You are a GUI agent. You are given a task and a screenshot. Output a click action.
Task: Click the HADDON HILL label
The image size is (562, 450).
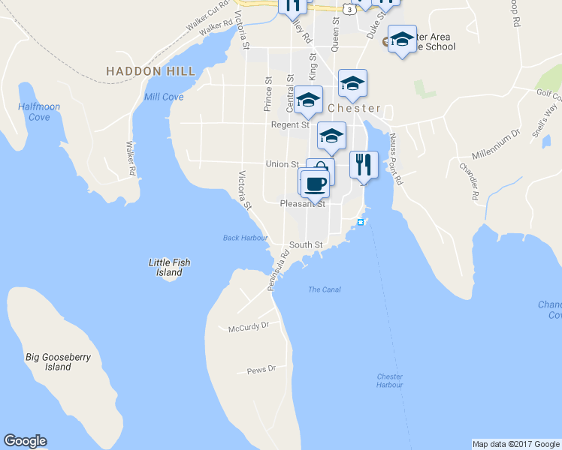click(150, 71)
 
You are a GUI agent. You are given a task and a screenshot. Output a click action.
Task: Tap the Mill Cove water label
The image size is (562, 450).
click(163, 97)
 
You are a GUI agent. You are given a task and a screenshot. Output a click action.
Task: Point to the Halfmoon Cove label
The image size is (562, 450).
click(39, 112)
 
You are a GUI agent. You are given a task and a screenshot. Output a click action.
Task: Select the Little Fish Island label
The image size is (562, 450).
click(169, 267)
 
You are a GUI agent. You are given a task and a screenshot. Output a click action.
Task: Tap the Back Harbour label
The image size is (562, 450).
click(245, 238)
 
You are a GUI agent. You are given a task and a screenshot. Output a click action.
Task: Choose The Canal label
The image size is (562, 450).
click(324, 289)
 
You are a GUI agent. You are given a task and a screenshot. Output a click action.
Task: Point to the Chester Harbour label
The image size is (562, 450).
click(389, 380)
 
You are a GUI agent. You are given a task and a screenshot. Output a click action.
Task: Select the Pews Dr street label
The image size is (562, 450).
click(261, 369)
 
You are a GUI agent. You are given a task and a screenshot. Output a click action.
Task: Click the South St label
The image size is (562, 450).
click(306, 244)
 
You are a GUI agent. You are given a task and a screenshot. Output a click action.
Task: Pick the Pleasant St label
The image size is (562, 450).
click(302, 203)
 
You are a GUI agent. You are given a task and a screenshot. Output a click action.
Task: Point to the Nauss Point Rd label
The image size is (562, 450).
click(397, 159)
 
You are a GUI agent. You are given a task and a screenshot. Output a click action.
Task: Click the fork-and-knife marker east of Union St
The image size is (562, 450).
click(364, 165)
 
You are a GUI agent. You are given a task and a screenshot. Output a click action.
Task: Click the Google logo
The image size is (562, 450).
click(25, 441)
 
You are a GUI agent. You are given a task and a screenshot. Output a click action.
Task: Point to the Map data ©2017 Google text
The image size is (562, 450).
click(515, 444)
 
